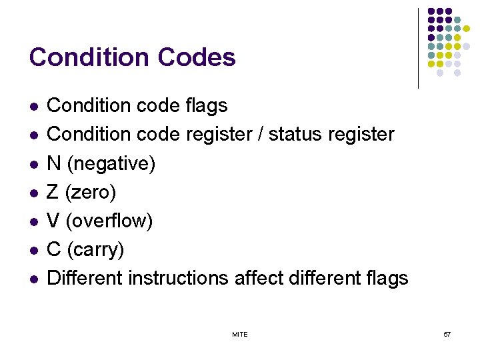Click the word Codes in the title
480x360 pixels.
pos(197,57)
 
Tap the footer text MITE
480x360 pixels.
pos(240,334)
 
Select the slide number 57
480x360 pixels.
pos(447,334)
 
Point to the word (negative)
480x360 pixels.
pos(111,163)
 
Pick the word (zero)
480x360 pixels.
pos(91,193)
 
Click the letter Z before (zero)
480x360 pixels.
pos(53,193)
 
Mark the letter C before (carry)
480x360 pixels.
pos(54,250)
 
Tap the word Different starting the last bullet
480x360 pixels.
pos(85,278)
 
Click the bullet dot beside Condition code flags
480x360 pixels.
pos(33,107)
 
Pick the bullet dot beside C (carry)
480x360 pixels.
pos(33,251)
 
